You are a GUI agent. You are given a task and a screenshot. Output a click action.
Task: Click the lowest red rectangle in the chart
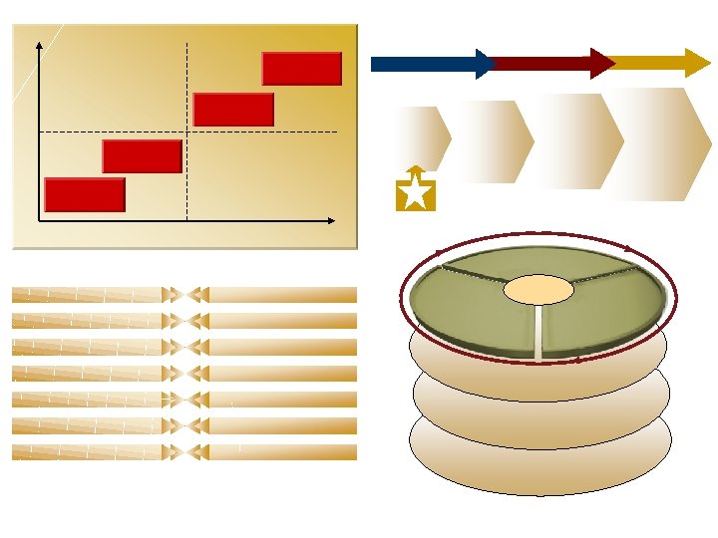(x=85, y=194)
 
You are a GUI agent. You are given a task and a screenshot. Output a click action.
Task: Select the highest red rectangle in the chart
(x=301, y=69)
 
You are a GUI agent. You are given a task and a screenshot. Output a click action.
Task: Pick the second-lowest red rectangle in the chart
(x=142, y=156)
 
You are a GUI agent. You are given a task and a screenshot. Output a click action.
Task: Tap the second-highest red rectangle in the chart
(x=233, y=110)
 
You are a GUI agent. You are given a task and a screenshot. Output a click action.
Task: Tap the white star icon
(x=415, y=193)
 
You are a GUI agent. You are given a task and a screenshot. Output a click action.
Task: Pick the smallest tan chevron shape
(x=423, y=138)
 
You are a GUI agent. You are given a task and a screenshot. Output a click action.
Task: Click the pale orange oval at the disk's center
(x=538, y=290)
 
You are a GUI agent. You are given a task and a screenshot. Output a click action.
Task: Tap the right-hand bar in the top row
(x=284, y=295)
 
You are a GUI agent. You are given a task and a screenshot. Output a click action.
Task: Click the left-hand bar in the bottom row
(x=88, y=452)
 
